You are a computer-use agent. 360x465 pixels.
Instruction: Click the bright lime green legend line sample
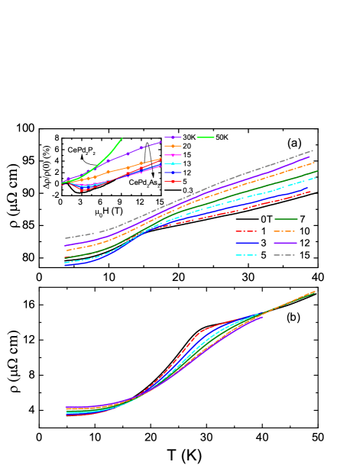coord(206,137)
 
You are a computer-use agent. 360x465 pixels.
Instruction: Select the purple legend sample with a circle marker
coord(173,137)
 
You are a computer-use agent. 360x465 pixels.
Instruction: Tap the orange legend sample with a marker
coord(173,146)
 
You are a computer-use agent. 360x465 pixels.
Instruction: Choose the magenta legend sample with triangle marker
coord(173,155)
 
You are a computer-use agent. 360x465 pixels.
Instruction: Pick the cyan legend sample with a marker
coord(173,163)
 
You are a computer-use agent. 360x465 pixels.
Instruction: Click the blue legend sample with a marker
coord(173,173)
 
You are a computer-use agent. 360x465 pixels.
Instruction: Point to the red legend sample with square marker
coord(173,182)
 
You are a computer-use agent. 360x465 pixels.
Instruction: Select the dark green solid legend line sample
coord(285,219)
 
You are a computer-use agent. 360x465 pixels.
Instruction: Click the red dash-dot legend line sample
coord(246,231)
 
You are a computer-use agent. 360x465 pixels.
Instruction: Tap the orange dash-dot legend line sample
coord(285,231)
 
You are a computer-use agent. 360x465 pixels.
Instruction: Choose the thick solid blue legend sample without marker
coord(246,243)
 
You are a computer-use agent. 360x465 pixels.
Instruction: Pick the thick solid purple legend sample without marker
coord(285,243)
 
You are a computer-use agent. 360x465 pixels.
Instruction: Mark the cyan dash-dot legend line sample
coord(246,255)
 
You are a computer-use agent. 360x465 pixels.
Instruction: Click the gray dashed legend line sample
coord(285,255)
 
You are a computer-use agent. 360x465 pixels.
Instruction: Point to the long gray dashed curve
coord(229,179)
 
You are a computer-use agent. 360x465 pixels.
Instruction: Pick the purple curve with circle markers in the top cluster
coord(141,147)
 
